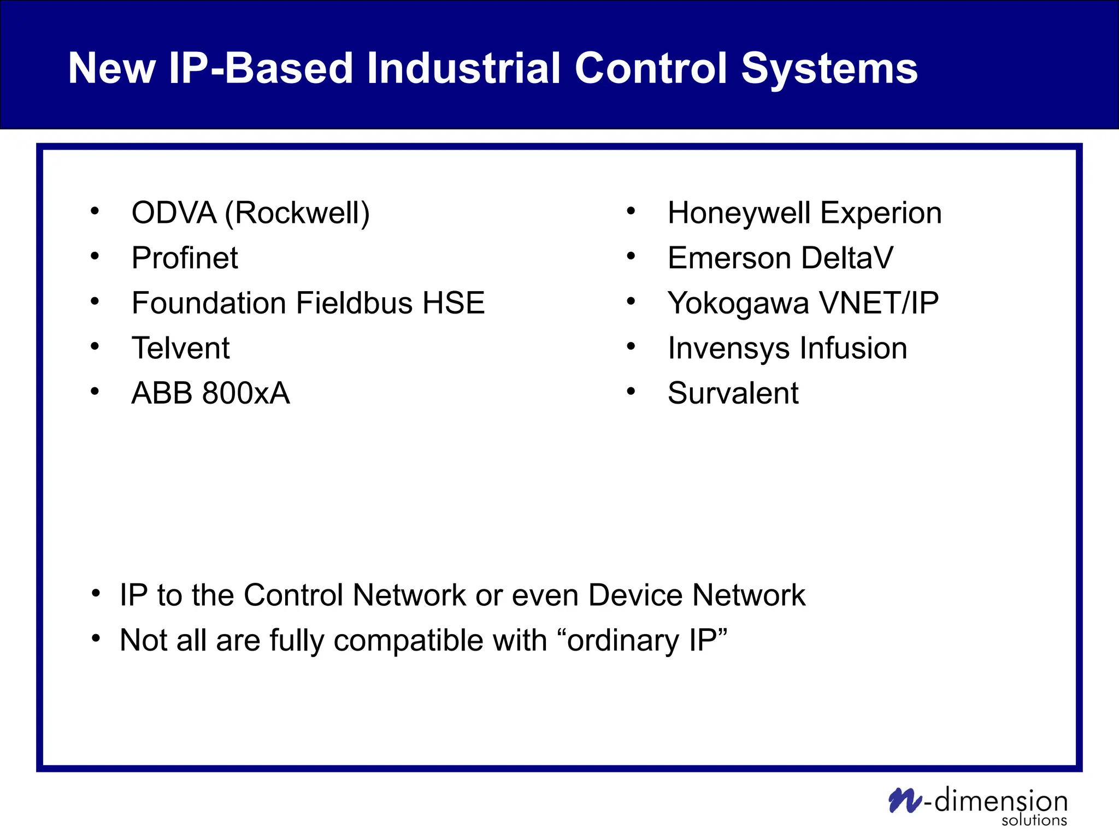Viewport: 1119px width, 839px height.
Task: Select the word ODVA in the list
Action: click(x=174, y=212)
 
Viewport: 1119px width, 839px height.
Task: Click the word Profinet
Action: click(x=185, y=258)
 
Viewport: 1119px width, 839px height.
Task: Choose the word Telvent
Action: click(x=180, y=348)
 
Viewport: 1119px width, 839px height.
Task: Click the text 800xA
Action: click(x=245, y=393)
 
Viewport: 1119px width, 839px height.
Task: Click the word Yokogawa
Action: click(x=738, y=304)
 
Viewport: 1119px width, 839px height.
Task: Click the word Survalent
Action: click(x=733, y=393)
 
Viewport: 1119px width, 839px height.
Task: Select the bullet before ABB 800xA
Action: click(x=95, y=391)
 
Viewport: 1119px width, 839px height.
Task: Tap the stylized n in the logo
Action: click(x=904, y=801)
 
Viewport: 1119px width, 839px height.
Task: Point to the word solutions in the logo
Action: click(x=1034, y=820)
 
